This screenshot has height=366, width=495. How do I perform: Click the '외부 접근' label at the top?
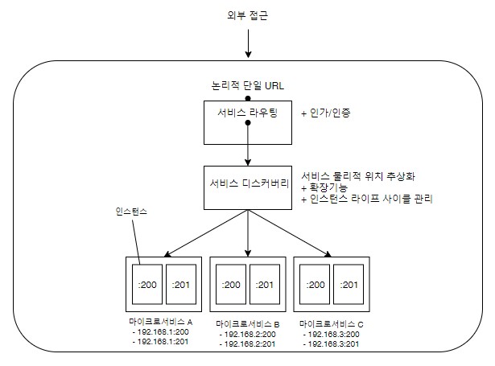[x=248, y=15]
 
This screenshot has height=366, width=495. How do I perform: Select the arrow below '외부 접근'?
[x=248, y=43]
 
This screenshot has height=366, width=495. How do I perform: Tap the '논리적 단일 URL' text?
[x=248, y=86]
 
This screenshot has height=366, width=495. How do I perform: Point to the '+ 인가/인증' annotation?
[x=326, y=113]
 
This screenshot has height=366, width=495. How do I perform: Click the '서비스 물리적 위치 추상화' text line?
[x=358, y=176]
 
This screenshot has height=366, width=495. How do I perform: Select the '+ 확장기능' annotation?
[x=324, y=187]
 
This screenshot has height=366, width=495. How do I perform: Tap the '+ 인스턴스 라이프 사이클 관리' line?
[x=367, y=199]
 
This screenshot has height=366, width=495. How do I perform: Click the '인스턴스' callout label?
[x=131, y=212]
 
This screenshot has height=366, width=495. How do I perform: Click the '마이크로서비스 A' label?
[x=161, y=322]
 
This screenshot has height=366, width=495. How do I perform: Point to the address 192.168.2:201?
[x=248, y=344]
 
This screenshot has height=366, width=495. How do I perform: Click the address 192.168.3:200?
[x=331, y=334]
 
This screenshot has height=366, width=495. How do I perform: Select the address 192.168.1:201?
[x=161, y=341]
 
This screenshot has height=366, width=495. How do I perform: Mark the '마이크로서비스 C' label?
[x=332, y=324]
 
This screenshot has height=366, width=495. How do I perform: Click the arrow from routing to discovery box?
[x=248, y=144]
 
